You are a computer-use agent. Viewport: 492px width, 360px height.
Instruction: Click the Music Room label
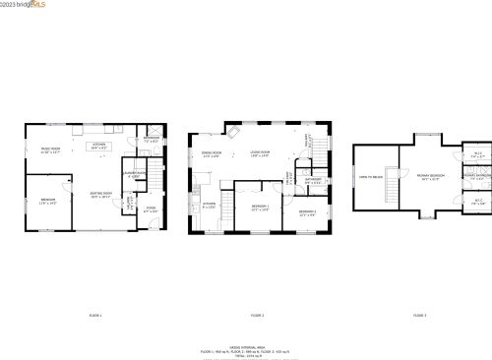(50, 150)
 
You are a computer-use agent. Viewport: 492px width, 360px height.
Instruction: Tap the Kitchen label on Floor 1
(98, 146)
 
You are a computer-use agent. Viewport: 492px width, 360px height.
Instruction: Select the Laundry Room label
(134, 175)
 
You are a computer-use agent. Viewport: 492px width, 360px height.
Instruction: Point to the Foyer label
(151, 209)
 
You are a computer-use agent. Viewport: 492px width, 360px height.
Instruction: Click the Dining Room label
(212, 153)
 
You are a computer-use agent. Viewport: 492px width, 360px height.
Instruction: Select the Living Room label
(261, 153)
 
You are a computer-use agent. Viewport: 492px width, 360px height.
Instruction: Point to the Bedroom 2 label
(307, 212)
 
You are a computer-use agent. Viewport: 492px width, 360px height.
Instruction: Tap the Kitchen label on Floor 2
(210, 205)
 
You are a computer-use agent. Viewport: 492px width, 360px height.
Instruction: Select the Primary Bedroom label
(431, 176)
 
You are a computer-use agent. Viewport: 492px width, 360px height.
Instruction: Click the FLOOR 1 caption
(95, 315)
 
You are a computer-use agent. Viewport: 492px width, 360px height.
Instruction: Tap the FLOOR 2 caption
(257, 315)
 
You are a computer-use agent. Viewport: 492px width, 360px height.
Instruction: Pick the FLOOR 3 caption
(419, 315)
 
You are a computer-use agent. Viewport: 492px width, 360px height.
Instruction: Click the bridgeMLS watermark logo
(24, 6)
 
